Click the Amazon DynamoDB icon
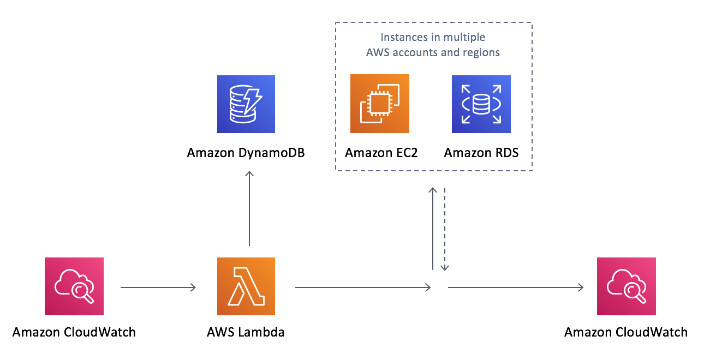coord(246,104)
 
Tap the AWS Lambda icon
coord(246,286)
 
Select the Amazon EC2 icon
coord(379,104)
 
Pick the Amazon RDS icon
coord(481,104)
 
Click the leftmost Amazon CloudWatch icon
coord(74,286)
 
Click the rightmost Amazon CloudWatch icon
coord(626,286)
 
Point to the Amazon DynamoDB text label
coord(246,153)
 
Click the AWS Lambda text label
coord(246,332)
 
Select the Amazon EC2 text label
coord(381,153)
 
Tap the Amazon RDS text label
coord(481,153)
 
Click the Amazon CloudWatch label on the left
coord(74,332)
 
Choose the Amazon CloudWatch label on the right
coord(626,332)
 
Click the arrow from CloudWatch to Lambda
coord(158,287)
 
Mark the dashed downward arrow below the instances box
coord(445,229)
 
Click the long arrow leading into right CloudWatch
coord(516,287)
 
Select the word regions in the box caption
coord(481,53)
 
